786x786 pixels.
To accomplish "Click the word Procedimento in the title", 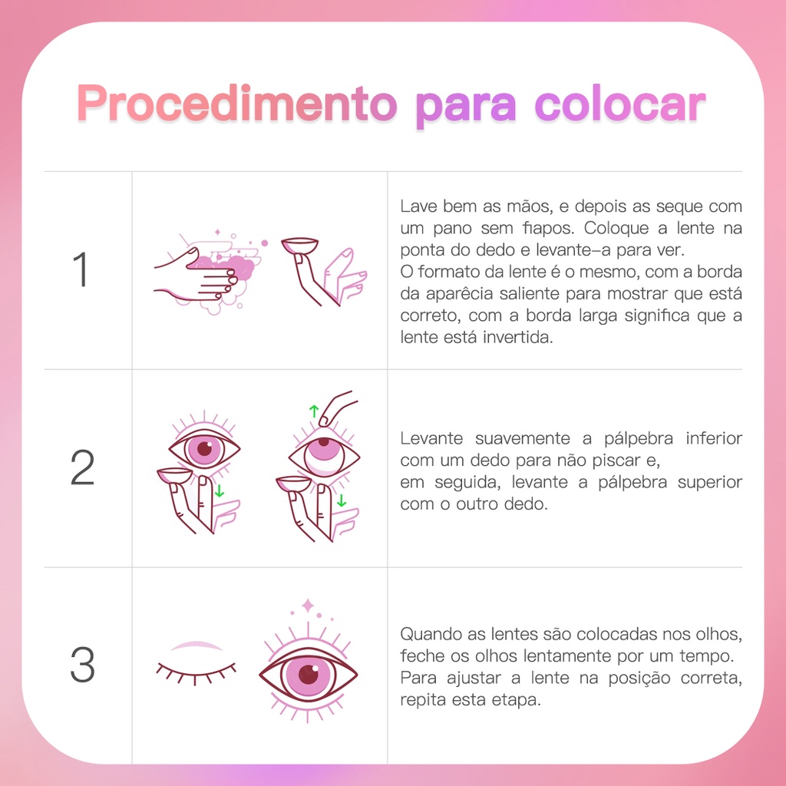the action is pyautogui.click(x=236, y=104).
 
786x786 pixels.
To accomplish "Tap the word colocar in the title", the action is pyautogui.click(x=620, y=104).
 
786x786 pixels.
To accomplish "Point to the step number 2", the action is pyautogui.click(x=82, y=467).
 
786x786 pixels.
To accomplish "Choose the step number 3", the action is pyautogui.click(x=82, y=665).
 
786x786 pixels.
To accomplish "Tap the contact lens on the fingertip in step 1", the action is pyautogui.click(x=299, y=246).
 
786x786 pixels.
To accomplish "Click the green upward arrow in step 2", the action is pyautogui.click(x=314, y=411).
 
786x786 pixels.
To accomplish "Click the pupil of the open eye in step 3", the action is pyautogui.click(x=309, y=674).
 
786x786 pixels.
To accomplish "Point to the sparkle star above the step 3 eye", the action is pyautogui.click(x=308, y=606).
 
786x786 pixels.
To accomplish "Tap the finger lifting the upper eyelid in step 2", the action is pyautogui.click(x=336, y=407).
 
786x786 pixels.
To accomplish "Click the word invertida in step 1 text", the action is pyautogui.click(x=518, y=337).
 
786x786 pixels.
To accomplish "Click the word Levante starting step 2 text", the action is pyautogui.click(x=431, y=438).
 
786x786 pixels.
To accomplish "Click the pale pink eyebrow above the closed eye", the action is pyautogui.click(x=196, y=646).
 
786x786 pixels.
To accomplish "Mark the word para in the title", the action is pyautogui.click(x=466, y=107).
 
